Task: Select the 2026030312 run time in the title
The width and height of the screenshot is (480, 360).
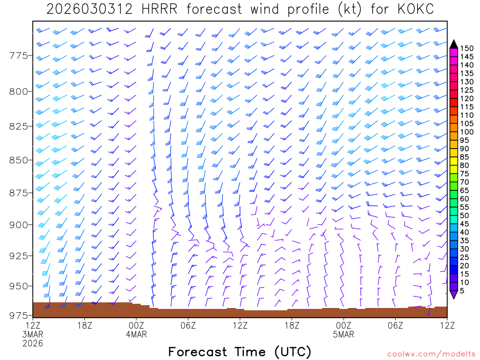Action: [x=90, y=9]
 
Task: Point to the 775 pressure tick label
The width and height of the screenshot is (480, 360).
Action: [x=19, y=56]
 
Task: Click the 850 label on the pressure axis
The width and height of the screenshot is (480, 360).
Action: [x=19, y=160]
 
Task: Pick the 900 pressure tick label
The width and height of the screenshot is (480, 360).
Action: [x=19, y=225]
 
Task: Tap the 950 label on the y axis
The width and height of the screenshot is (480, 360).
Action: [x=19, y=286]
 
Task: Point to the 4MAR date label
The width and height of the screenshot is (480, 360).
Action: [x=136, y=334]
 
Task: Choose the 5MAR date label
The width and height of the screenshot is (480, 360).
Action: [x=344, y=334]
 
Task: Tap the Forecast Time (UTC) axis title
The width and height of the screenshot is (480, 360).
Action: [x=240, y=352]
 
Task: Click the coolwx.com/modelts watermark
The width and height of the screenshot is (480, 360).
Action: [x=430, y=353]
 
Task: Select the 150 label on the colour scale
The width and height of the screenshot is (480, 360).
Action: [x=467, y=48]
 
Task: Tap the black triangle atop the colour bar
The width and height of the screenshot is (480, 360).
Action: [x=454, y=44]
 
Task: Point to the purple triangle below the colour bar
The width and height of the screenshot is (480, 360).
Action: [x=454, y=294]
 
